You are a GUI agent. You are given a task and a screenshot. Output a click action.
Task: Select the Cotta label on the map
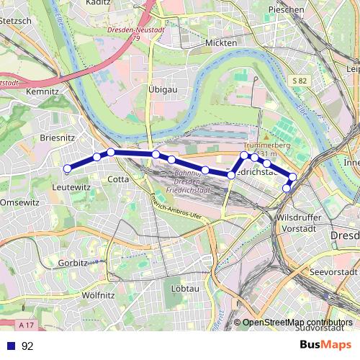pos(118,179)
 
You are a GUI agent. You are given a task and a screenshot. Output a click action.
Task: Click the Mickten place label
pos(221,43)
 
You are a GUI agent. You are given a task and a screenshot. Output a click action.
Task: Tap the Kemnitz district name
pos(41,93)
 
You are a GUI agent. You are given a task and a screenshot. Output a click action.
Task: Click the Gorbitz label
pos(73,264)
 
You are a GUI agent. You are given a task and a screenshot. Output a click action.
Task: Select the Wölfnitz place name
pos(99,295)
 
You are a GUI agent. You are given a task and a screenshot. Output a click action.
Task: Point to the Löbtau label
pos(185,288)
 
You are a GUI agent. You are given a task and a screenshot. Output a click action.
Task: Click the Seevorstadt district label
pos(332,272)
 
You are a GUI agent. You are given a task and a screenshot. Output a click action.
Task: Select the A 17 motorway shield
pos(27,306)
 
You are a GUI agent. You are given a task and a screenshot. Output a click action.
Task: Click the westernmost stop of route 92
pos(67,169)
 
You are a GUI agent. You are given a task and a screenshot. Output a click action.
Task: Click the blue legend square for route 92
pos(11,346)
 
